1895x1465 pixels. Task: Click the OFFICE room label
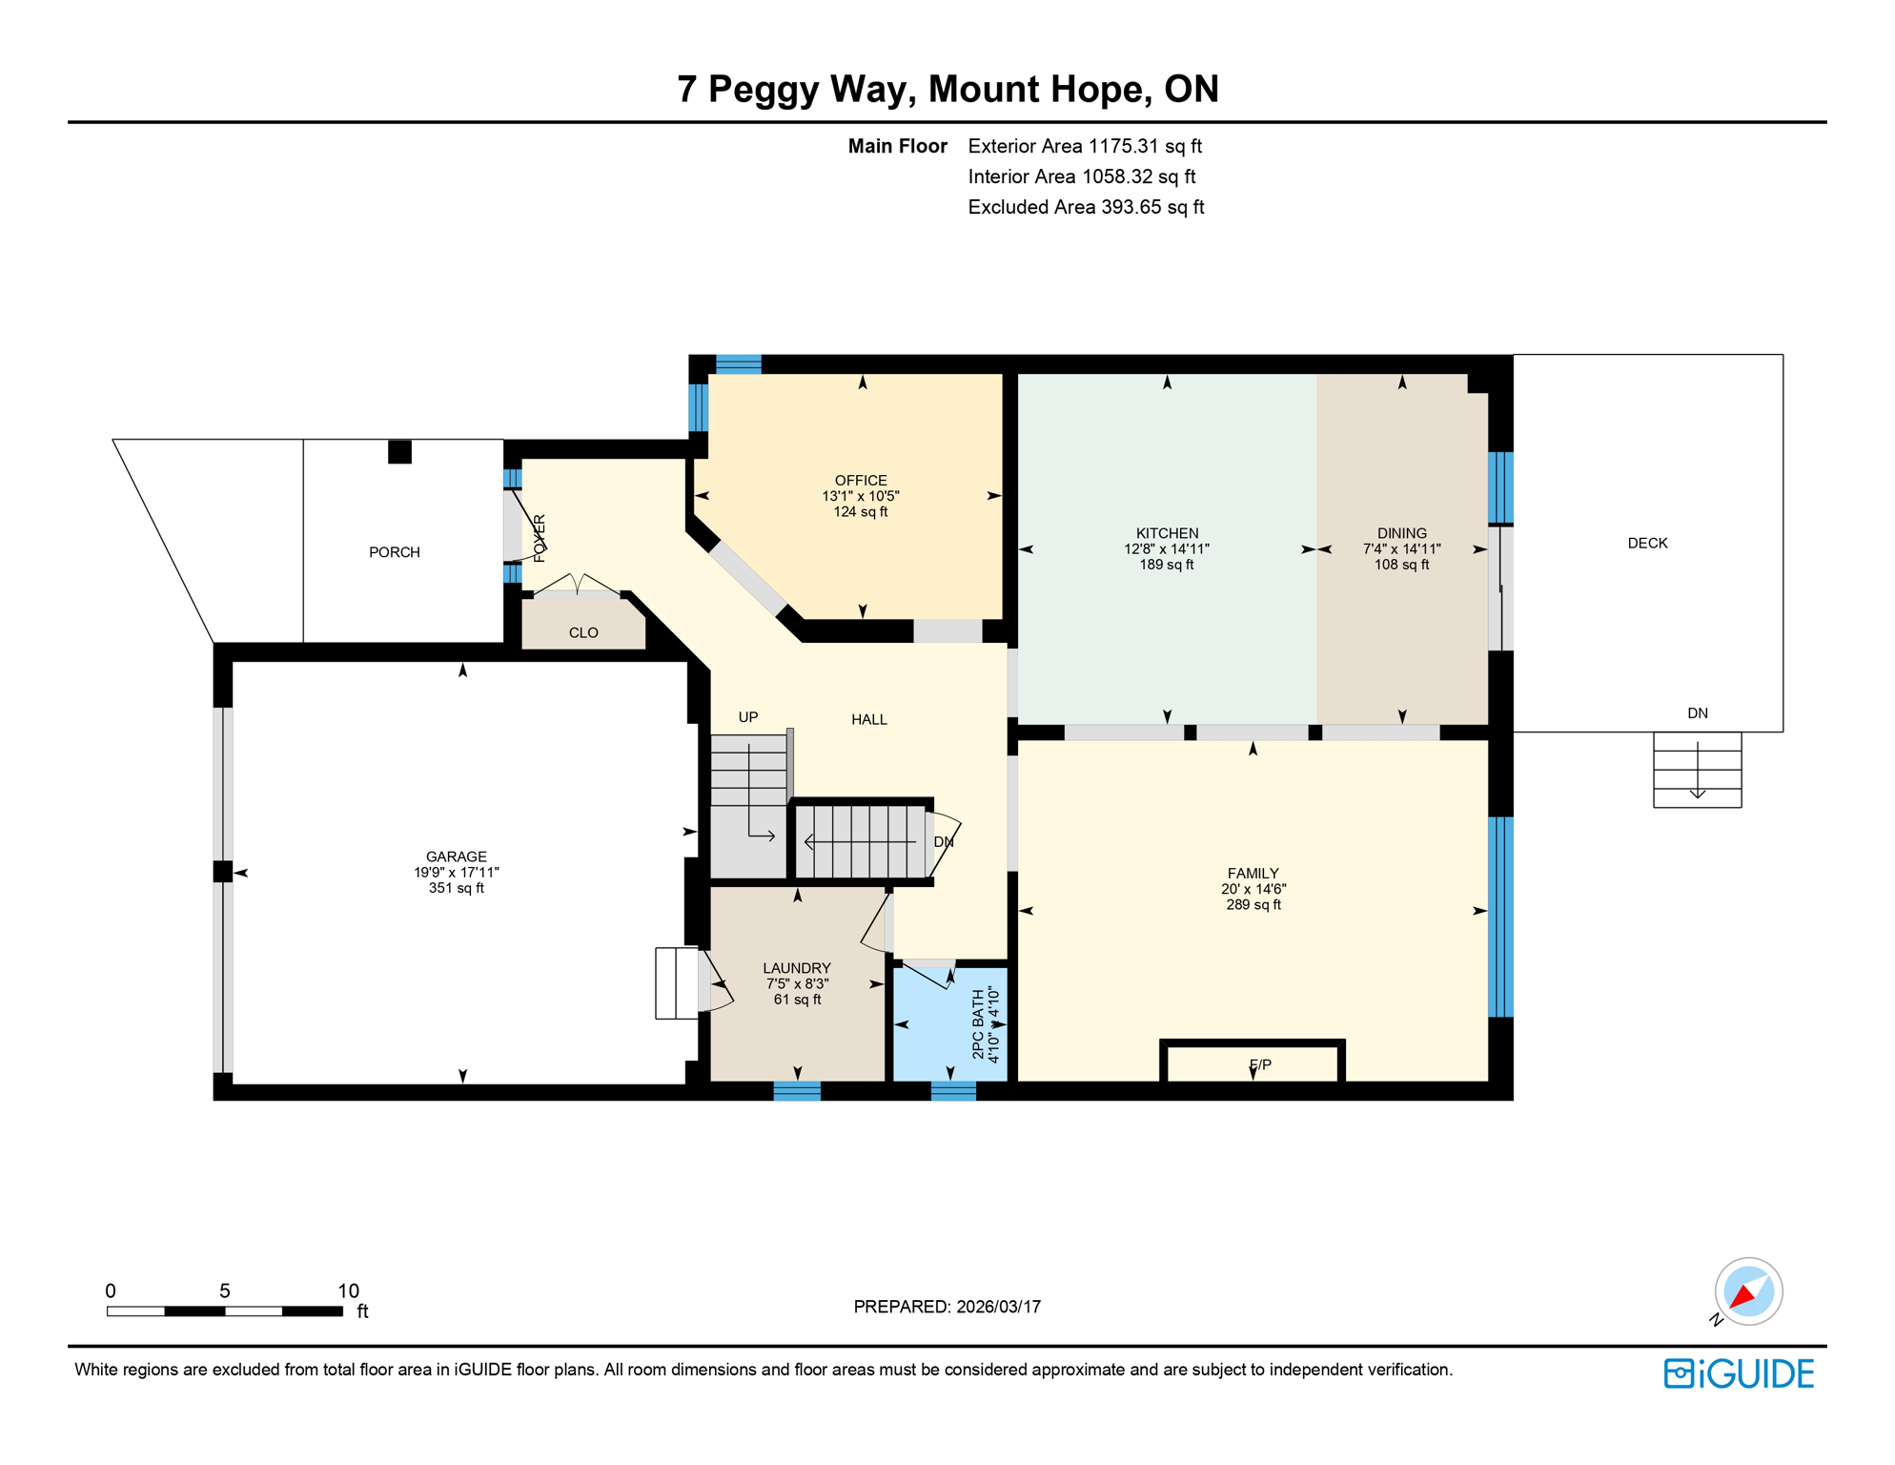tap(860, 481)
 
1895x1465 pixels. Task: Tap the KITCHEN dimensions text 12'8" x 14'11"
tap(1166, 549)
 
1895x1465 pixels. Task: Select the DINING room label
tap(1401, 533)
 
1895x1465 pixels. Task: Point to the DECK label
tap(1646, 543)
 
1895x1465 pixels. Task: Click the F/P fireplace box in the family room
tap(1253, 1063)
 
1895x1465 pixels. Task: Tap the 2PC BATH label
tap(978, 1024)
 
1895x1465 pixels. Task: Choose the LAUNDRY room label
tap(796, 968)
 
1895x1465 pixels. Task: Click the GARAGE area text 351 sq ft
tap(456, 888)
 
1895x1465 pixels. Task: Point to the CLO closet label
tap(582, 632)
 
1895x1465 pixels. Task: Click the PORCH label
tap(394, 552)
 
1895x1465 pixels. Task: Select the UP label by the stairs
tap(747, 717)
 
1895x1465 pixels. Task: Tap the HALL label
tap(868, 719)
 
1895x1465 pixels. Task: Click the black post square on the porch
tap(399, 452)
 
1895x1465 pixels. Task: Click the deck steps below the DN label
tap(1697, 771)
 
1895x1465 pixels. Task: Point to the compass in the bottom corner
tap(1747, 1291)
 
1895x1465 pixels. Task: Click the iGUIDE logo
tap(1738, 1373)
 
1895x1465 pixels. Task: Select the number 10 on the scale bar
tap(348, 1290)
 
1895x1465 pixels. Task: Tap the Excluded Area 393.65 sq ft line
tap(1085, 207)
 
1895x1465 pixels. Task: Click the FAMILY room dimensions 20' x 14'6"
tap(1253, 889)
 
